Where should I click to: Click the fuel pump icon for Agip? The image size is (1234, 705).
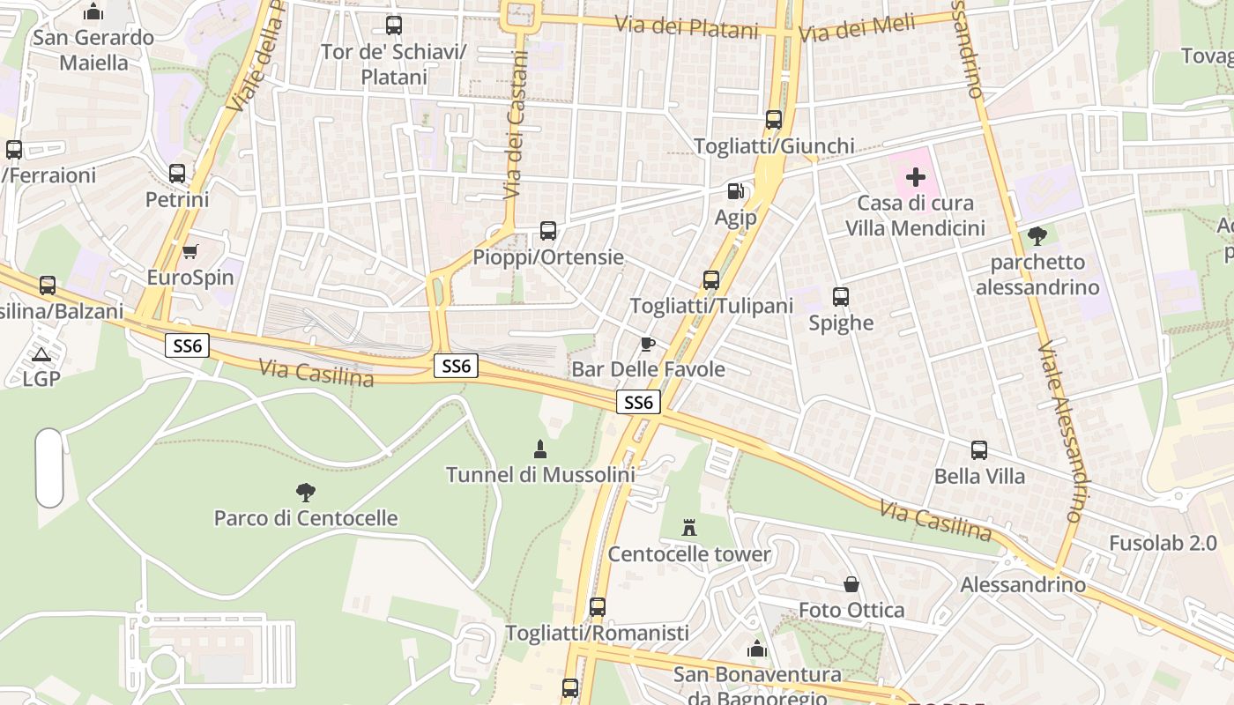(x=735, y=190)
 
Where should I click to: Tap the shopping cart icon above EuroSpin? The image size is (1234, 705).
(x=190, y=252)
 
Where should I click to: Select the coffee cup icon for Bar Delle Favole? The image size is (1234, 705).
(x=648, y=344)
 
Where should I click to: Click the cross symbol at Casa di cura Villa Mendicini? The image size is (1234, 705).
(x=916, y=177)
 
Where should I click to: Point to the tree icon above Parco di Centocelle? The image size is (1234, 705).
(x=305, y=492)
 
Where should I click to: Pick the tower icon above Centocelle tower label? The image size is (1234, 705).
(x=689, y=529)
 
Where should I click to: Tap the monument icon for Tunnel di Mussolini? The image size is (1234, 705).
(x=540, y=449)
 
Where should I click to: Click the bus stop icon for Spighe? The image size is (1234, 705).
(x=841, y=297)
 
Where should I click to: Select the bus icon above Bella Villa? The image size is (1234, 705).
(x=978, y=450)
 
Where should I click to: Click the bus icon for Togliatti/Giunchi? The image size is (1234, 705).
(x=774, y=120)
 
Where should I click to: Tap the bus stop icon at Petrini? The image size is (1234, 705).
(x=177, y=174)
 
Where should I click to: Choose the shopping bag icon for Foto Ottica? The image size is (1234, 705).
(x=851, y=584)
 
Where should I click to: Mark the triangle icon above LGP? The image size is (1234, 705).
(x=41, y=354)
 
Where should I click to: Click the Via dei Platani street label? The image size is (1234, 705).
(x=687, y=26)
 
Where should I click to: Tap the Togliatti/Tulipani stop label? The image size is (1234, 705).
(x=711, y=306)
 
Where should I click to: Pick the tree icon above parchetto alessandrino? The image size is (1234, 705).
(x=1037, y=235)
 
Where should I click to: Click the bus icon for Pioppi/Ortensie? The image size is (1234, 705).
(x=548, y=231)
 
